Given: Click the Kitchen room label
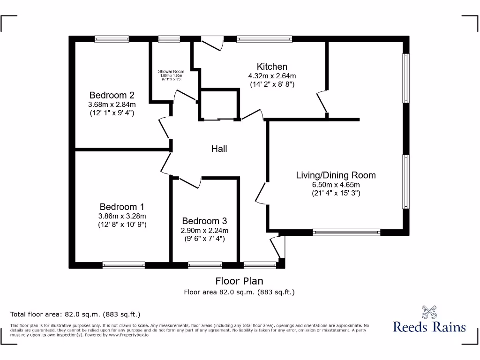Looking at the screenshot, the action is point(272,67).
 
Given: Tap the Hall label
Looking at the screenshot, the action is point(219,149).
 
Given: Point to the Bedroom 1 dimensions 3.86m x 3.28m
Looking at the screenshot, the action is point(122,216).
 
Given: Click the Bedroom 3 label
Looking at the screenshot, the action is point(204,221).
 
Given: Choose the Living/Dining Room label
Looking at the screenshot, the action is point(336,175).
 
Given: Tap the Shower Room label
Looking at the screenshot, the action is point(171,71).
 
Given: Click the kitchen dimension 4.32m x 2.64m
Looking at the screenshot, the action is point(272,75).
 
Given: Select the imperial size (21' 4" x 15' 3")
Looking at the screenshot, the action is point(336,193).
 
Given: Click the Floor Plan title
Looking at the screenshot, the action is point(239,281).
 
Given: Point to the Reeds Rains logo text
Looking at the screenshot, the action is point(429,327).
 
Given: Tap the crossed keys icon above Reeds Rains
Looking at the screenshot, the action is point(429,311).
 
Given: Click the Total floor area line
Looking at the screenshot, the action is point(75,314).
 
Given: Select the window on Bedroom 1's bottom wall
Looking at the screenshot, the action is point(124,265).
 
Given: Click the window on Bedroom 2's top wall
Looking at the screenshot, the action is point(112,39).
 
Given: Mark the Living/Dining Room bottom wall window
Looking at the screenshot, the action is point(346,231).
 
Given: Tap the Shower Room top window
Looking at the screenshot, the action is point(169,39).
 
